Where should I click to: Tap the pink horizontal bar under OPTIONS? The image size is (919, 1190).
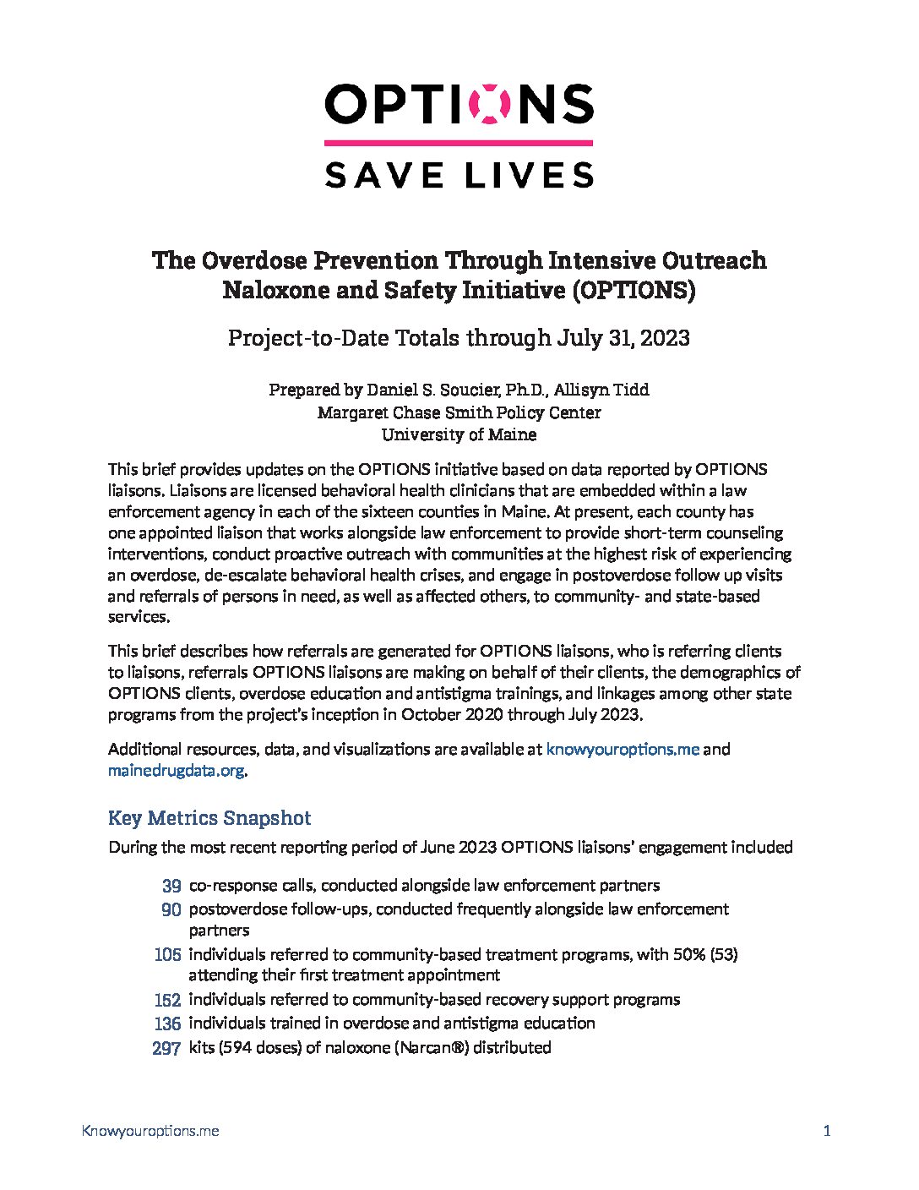(459, 144)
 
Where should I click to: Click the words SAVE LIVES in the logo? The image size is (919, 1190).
(459, 175)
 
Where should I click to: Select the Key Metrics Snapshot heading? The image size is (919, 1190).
(209, 818)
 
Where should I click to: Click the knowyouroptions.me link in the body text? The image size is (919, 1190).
(623, 750)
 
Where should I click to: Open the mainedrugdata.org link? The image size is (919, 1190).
(176, 771)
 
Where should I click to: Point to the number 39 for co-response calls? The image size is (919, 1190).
(171, 887)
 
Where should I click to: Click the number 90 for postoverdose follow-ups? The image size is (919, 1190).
(171, 910)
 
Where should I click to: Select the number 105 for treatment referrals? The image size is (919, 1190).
(168, 955)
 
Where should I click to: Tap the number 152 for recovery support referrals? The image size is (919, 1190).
(168, 1001)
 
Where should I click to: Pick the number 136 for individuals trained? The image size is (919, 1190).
(168, 1024)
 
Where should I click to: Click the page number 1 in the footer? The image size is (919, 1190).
(827, 1131)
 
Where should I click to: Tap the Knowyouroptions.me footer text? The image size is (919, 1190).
(150, 1131)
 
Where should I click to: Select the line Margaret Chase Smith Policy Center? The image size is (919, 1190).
(459, 412)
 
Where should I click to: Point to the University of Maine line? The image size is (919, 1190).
(459, 435)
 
